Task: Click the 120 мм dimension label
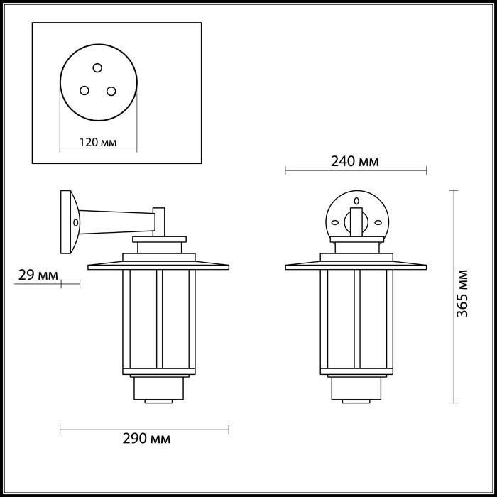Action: tap(98, 142)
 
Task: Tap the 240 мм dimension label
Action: tap(355, 161)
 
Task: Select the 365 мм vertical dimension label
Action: tap(462, 293)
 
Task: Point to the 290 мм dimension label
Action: tap(146, 439)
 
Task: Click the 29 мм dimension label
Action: tap(38, 275)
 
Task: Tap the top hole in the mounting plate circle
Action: tap(97, 67)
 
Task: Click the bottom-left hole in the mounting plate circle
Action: tap(84, 90)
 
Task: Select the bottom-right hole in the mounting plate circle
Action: tap(111, 91)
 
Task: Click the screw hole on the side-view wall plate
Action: tap(75, 222)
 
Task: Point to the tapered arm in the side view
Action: tap(117, 222)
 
